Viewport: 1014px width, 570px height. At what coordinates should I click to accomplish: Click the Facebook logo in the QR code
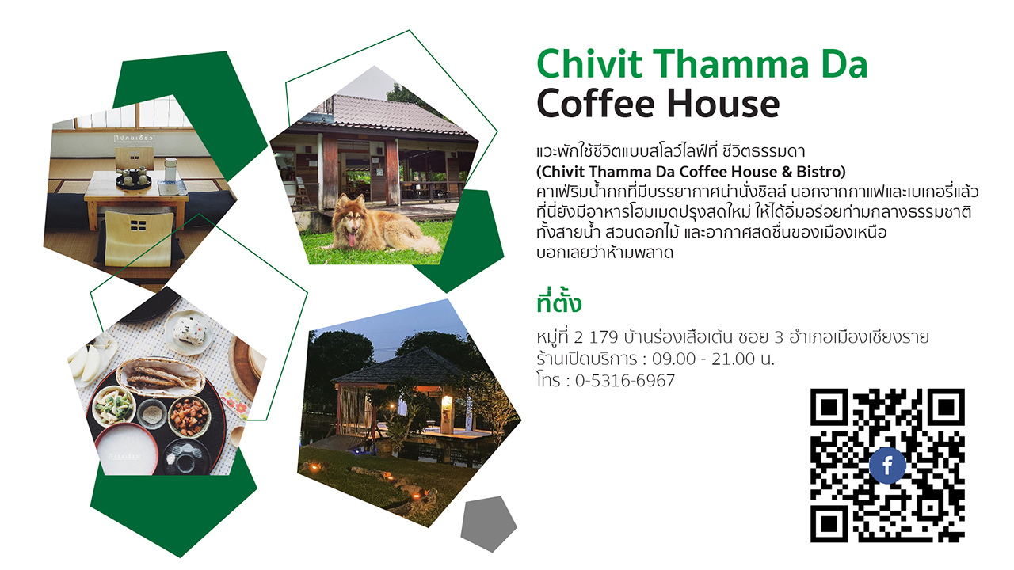coord(887,465)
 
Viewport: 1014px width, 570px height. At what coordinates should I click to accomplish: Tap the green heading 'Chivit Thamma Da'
coord(702,64)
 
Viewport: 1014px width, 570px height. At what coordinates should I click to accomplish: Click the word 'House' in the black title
coord(723,104)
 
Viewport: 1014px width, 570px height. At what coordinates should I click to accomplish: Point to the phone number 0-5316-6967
coord(625,381)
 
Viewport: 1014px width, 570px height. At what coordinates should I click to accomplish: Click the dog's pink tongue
coord(352,238)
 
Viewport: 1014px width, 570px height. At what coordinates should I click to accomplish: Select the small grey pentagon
coord(489,524)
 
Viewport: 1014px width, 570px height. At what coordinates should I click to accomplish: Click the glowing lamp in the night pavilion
coord(446,402)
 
